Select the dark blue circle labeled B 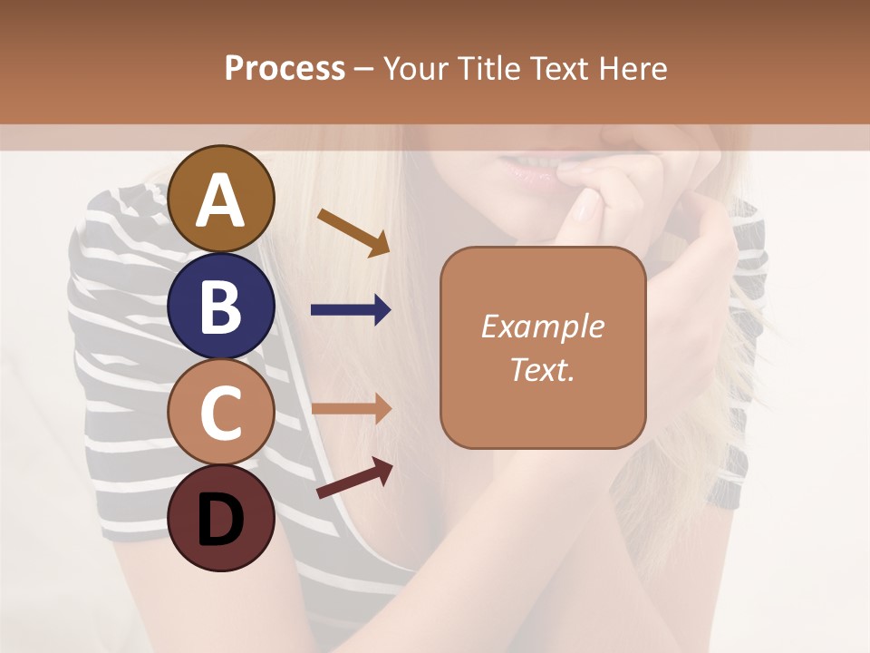point(220,307)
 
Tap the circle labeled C point(220,413)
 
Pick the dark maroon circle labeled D point(220,518)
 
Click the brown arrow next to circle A point(353,232)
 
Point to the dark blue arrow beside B point(351,310)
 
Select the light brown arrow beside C point(351,409)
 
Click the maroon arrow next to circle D point(354,478)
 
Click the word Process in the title point(285,69)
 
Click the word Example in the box point(542,327)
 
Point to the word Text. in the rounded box point(542,369)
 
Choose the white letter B point(220,307)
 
